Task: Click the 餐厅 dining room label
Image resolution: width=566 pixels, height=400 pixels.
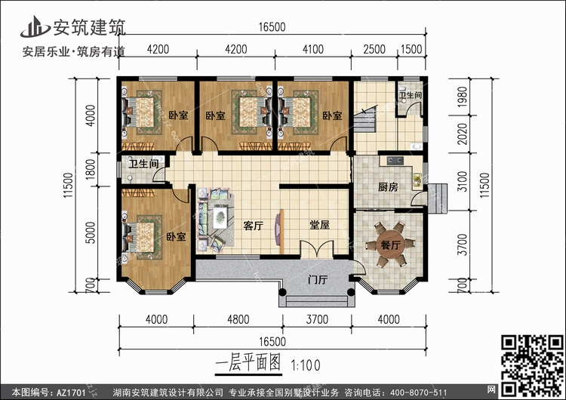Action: coord(391,245)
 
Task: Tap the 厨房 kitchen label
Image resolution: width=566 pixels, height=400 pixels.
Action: coord(388,187)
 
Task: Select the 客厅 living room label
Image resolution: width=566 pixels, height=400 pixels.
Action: coord(253,226)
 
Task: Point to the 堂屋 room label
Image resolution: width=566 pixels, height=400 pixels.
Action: coord(319,225)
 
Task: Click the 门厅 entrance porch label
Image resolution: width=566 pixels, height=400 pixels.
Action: coord(318,280)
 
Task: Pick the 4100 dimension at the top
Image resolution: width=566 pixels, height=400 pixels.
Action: coord(313,49)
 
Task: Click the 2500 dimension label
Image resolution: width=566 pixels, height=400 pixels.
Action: coord(374,49)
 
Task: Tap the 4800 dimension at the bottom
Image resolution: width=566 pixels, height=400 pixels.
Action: coord(238,319)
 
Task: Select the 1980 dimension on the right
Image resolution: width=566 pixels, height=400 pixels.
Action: coord(462,97)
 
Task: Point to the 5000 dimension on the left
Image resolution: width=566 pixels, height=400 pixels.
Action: coord(91,232)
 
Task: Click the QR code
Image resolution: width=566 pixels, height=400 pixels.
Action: coord(532,365)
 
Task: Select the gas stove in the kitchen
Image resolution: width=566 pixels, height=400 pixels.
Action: coord(395,161)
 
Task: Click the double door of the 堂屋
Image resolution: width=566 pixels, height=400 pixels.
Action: coord(316,249)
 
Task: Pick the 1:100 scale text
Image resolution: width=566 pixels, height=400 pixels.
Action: coord(306,365)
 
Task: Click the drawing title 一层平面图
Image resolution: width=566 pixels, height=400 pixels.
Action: coord(248,363)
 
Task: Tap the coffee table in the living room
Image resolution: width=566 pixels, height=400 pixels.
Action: coord(220,217)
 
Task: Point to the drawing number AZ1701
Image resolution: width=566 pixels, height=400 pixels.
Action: coord(71,392)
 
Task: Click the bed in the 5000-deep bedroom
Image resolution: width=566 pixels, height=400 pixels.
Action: coord(141,238)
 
